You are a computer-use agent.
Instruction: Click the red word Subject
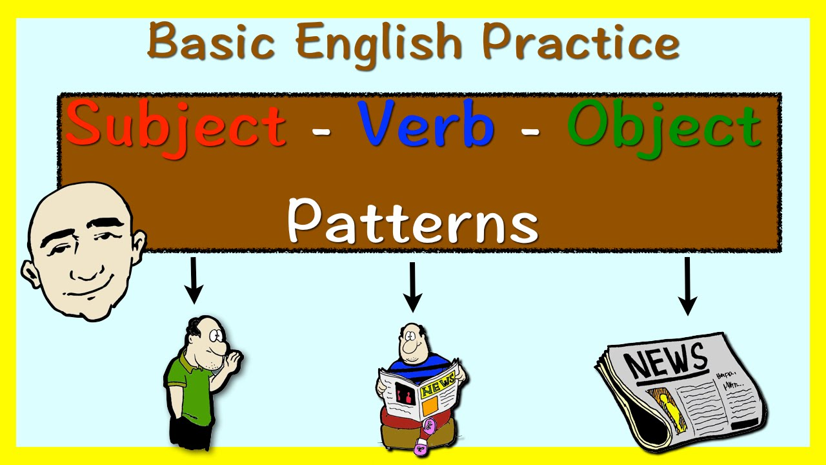(x=176, y=126)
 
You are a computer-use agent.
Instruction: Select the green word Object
(x=664, y=126)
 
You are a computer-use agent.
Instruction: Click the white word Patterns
(x=412, y=220)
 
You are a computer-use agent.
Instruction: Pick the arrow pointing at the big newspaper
(x=687, y=285)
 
